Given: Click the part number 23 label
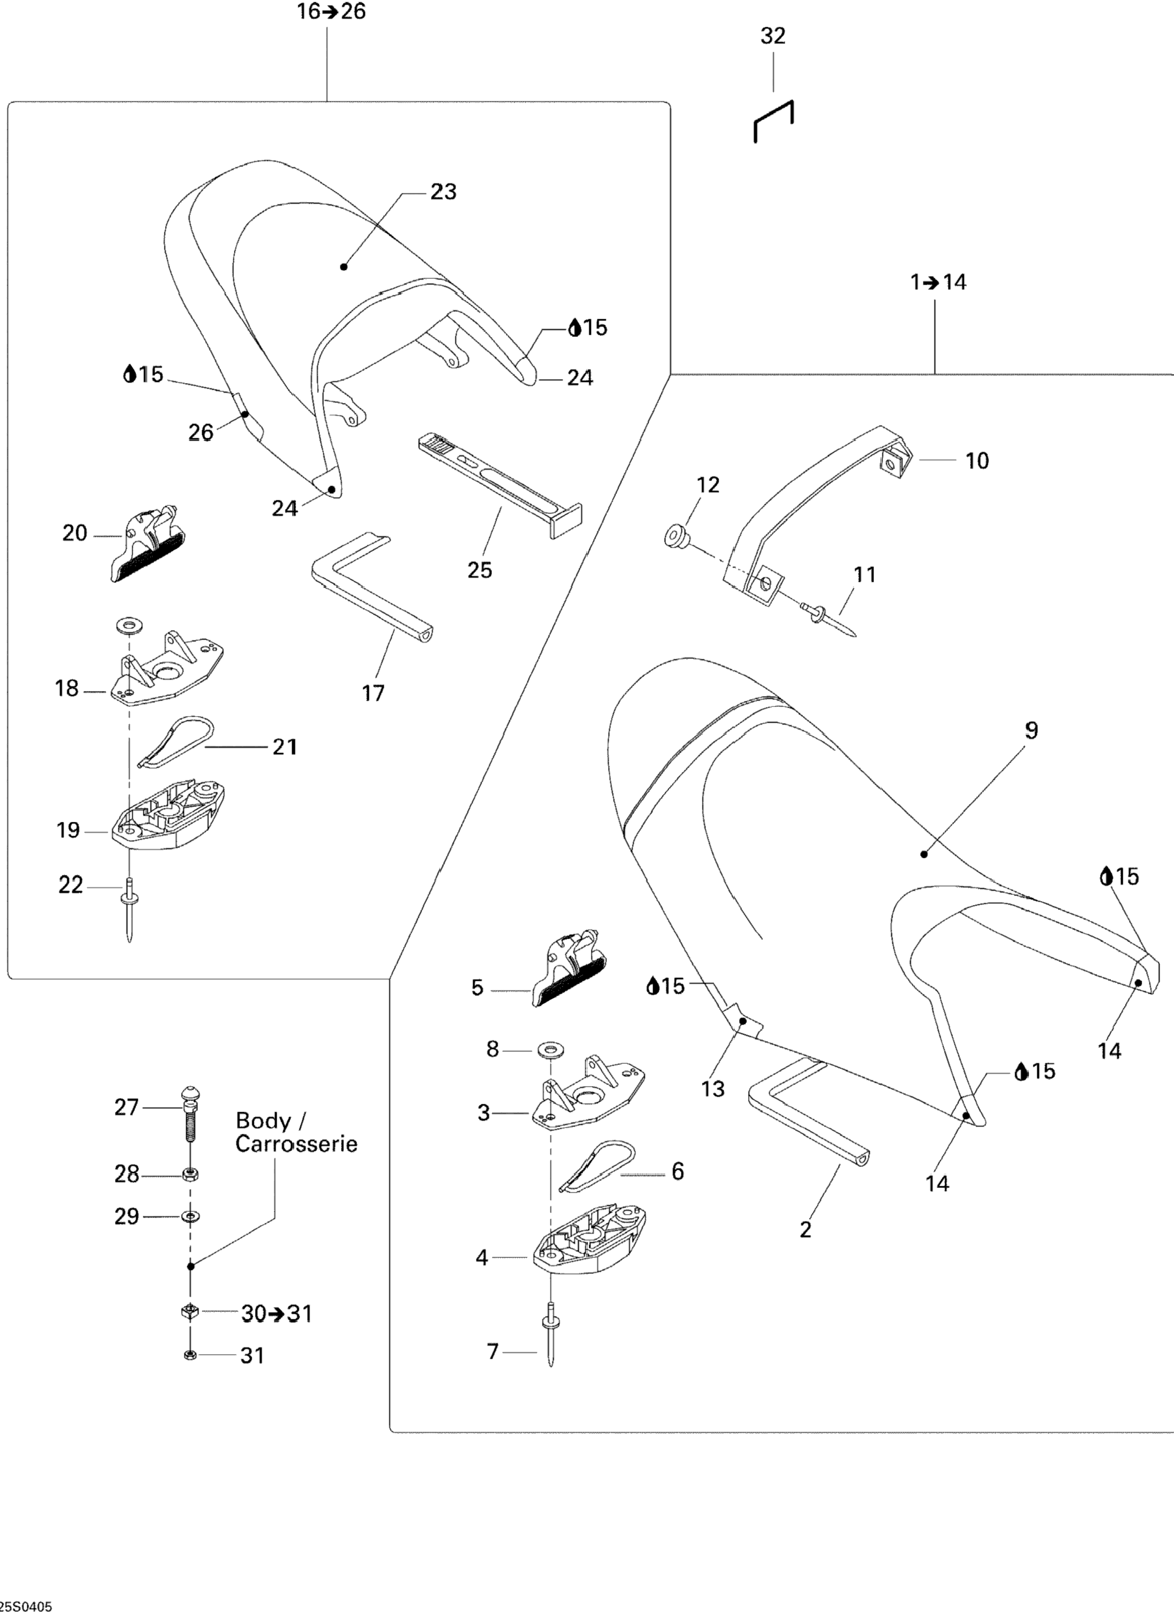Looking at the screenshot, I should point(443,192).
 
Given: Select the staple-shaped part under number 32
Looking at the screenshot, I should point(774,121).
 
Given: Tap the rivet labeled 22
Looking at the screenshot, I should point(129,910).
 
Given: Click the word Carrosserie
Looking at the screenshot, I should point(296,1144).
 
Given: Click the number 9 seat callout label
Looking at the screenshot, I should point(1031,730).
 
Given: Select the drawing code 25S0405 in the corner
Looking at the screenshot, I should point(26,1606).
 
